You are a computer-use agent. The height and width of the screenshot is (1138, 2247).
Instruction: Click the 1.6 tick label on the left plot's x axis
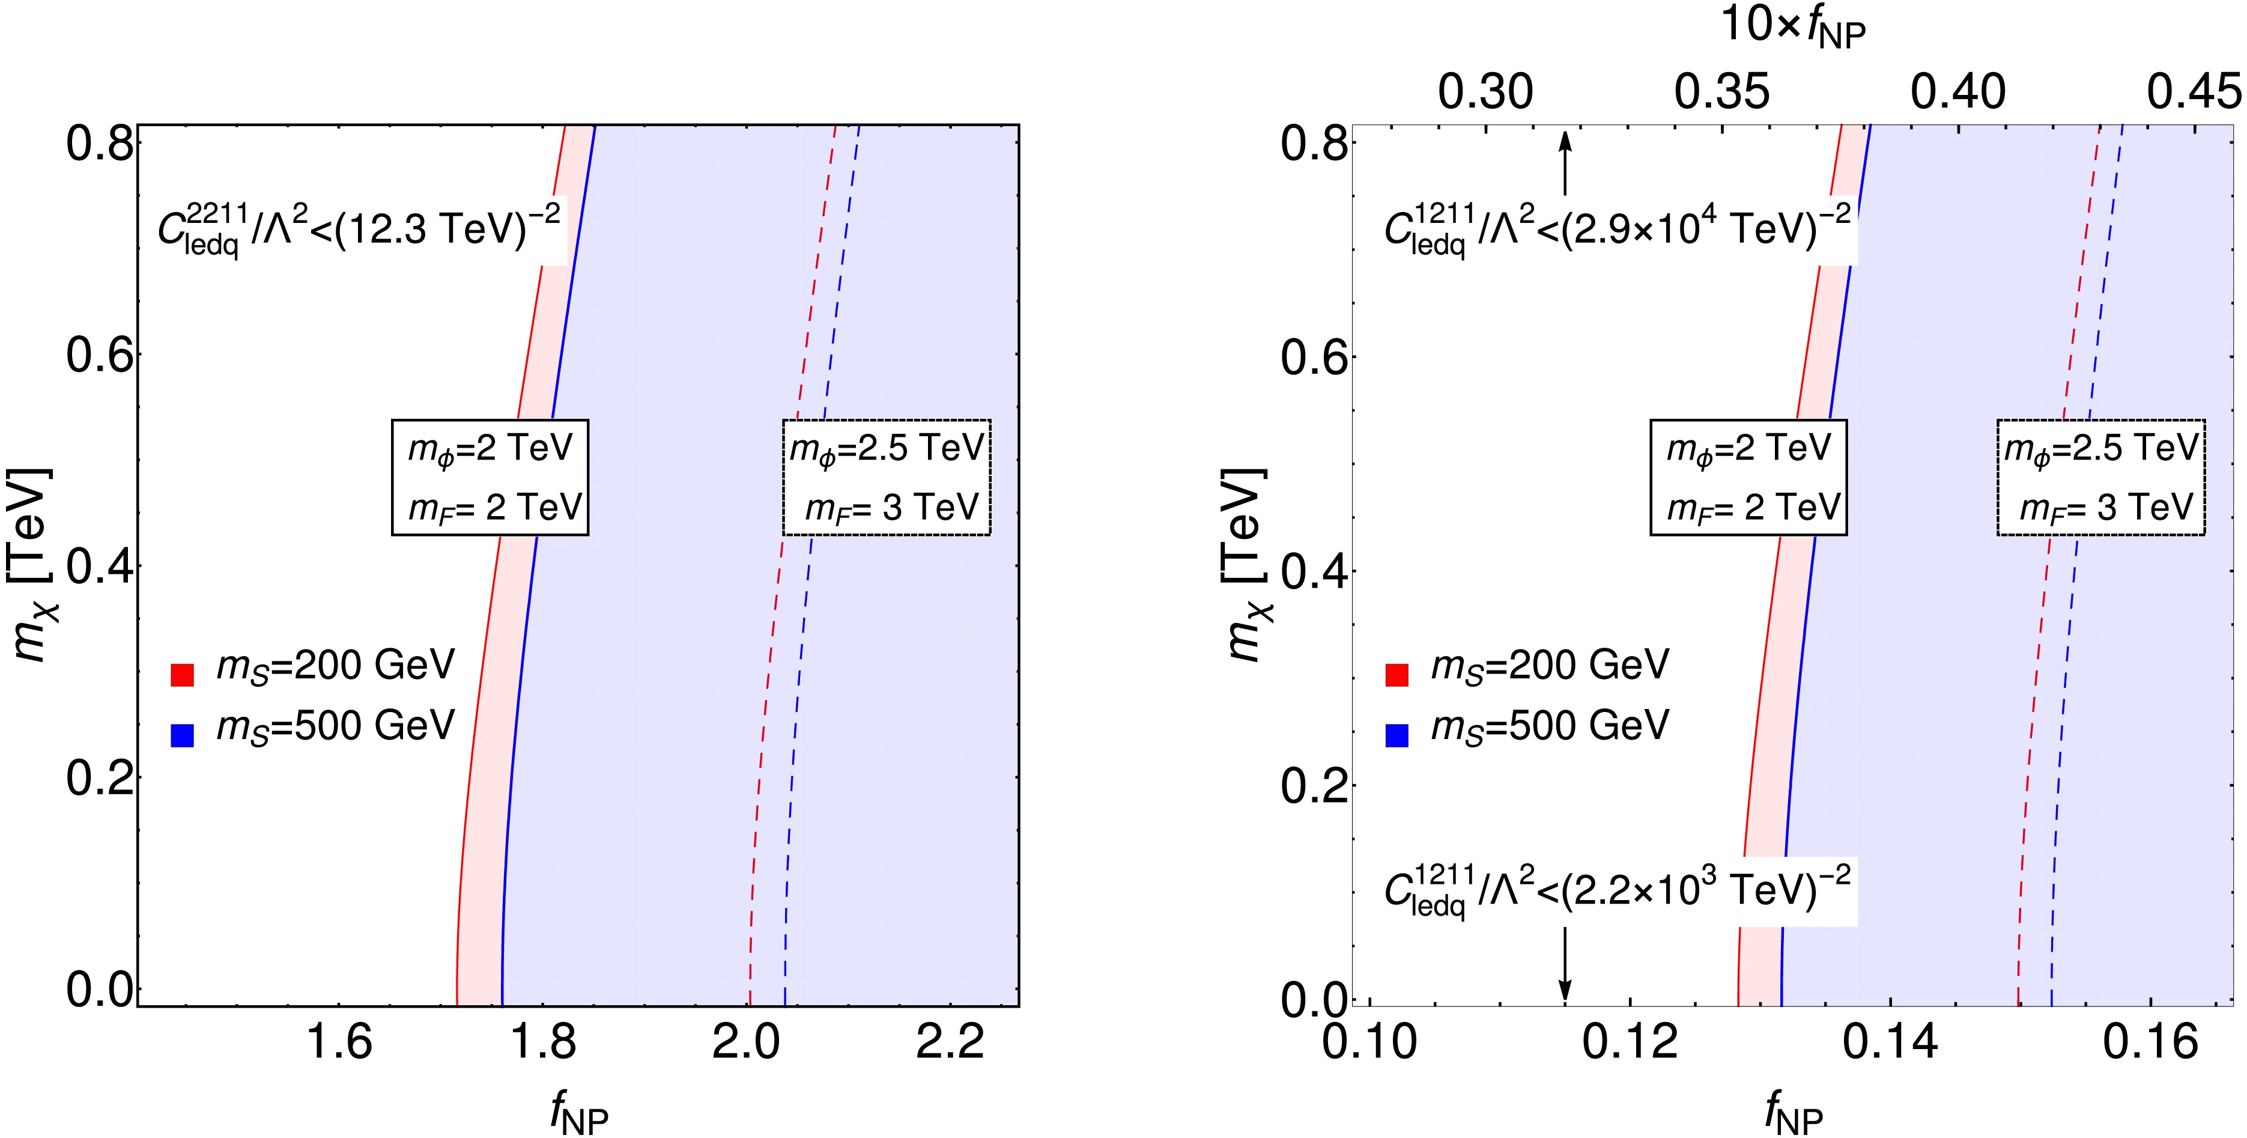coord(339,1044)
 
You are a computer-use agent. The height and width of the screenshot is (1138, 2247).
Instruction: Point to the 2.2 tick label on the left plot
coord(951,1044)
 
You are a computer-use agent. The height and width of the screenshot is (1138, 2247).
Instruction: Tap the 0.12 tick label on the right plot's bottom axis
coord(1630,1044)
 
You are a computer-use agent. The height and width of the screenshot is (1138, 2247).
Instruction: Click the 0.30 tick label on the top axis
coord(1485,93)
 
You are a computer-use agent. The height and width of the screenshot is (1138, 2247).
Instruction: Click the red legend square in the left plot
coord(181,675)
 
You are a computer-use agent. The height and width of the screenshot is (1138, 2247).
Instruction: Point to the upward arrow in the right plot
coord(1565,162)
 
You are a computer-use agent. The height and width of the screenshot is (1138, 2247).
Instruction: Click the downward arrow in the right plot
coord(1565,964)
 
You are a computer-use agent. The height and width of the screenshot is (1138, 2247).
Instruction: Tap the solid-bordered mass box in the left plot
coord(490,477)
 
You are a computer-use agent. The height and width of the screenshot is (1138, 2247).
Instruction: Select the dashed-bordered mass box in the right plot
coord(2100,477)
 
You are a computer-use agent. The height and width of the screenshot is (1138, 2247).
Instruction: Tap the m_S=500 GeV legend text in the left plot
coord(336,726)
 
